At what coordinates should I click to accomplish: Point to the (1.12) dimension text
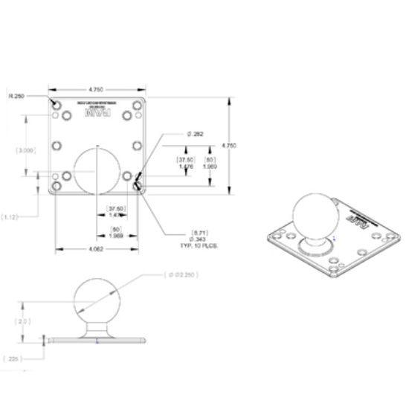(x=10, y=216)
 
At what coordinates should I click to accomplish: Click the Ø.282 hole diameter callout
(x=194, y=134)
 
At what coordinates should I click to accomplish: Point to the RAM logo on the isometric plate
(x=360, y=219)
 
